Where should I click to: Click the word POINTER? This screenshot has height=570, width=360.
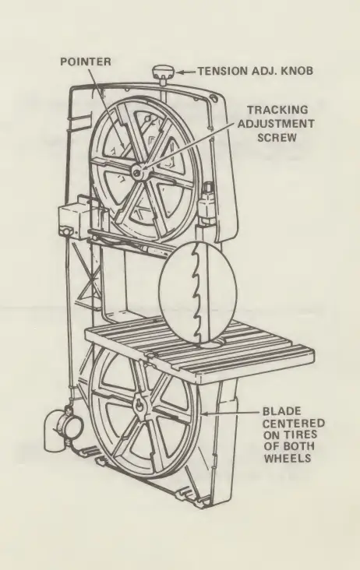coord(86,62)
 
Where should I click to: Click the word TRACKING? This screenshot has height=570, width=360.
coord(277,110)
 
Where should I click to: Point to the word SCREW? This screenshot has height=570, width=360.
coord(277,138)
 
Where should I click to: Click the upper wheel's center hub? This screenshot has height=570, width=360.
coord(138,171)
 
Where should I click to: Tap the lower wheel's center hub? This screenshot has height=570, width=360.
coord(139,406)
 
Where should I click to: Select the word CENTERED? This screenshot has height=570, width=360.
coord(294,424)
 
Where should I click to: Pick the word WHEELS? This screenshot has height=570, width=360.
coord(288,458)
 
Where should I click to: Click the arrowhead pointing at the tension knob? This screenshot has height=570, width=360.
coord(180,72)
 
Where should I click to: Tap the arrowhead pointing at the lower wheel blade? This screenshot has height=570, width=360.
coord(204,413)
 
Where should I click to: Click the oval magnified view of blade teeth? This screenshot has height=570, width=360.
coord(198,292)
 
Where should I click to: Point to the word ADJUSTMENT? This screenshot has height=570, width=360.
coord(276,124)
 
